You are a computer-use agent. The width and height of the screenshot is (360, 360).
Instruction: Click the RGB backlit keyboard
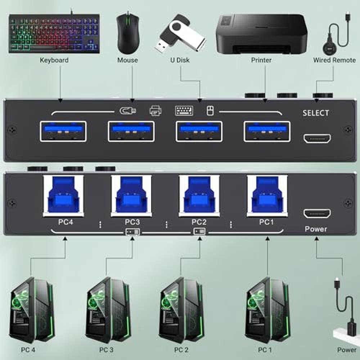[x=54, y=33]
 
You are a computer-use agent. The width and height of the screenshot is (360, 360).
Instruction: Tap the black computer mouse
[x=128, y=33]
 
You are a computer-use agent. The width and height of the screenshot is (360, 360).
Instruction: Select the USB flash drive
[x=180, y=33]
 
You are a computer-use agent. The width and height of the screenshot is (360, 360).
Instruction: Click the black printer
[x=261, y=34]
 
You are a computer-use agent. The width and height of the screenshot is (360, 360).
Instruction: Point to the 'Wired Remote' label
[x=334, y=60]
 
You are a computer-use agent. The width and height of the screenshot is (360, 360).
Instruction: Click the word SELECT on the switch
[x=316, y=113]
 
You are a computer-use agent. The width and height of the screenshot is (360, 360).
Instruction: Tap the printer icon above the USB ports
[x=156, y=111]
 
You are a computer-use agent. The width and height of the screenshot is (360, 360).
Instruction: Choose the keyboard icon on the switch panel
[x=184, y=111]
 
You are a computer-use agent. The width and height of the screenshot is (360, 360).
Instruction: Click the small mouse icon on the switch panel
[x=210, y=111]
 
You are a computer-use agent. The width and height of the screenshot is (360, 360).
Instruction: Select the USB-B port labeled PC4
[x=63, y=196]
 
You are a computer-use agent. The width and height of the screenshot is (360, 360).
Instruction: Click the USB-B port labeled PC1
[x=267, y=196]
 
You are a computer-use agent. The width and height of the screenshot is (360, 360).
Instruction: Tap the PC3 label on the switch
[x=132, y=222]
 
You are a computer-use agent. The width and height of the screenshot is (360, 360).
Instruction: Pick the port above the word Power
[x=317, y=214]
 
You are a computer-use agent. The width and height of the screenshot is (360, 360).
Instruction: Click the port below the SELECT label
[x=317, y=139]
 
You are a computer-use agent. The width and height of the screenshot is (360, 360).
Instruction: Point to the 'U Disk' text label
[x=180, y=60]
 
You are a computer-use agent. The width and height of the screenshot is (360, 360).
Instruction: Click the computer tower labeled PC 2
[x=181, y=310]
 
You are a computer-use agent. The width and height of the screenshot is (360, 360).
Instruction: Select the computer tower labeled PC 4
[x=32, y=310]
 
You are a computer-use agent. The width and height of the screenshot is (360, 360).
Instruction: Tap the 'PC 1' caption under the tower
[x=265, y=350]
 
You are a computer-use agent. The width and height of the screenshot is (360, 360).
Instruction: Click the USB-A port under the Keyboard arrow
[x=63, y=131]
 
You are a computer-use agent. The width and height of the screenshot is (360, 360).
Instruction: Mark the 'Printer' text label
[x=261, y=60]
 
